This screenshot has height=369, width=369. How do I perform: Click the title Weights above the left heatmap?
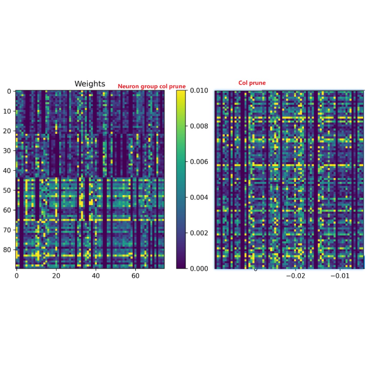coord(89,84)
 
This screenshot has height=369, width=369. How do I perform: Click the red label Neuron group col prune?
coord(152,86)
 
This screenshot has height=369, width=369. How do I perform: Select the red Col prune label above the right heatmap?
coord(252,83)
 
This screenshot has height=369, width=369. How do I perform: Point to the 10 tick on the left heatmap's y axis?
coord(7,111)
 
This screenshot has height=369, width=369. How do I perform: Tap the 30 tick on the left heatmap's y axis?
coord(7,151)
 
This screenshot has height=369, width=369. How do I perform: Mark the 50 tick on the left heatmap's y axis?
coord(7,190)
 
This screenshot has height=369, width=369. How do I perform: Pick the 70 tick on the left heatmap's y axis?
coord(7,230)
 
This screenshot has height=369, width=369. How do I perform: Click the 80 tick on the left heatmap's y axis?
coord(7,250)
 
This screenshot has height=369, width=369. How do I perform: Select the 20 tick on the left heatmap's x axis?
coord(56,275)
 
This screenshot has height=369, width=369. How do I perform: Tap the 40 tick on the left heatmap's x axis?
coord(96,275)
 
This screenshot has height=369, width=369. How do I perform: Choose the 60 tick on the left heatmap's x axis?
coord(135,275)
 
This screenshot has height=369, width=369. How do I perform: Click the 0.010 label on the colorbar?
coord(200,91)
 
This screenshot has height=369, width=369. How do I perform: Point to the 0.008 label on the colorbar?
coord(200,126)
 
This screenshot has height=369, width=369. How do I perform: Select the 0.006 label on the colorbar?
coord(200,162)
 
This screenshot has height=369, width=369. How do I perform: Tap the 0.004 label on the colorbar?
coord(200,197)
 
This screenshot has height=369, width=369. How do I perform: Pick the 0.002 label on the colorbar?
coord(200,233)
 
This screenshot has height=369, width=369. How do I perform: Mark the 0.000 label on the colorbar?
coord(200,269)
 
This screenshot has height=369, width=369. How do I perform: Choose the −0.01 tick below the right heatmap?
coord(340,275)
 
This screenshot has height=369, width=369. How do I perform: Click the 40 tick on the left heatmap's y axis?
coord(7,170)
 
